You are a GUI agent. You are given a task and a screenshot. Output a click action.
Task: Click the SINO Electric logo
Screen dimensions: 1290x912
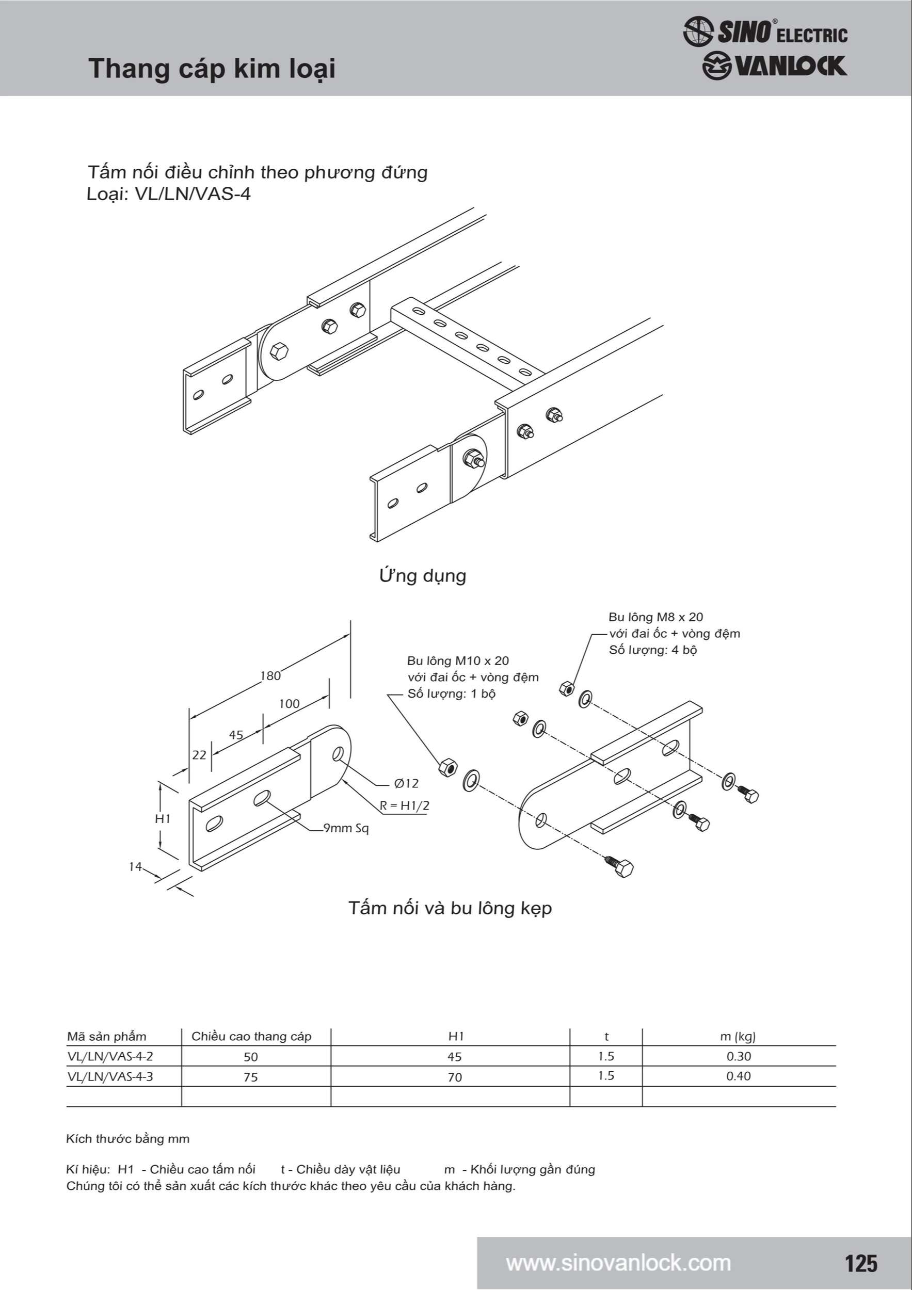[x=765, y=31]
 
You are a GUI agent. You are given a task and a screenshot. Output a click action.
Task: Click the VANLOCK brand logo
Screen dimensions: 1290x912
[x=774, y=66]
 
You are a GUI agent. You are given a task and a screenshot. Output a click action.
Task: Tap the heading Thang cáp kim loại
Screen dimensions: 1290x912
[x=212, y=69]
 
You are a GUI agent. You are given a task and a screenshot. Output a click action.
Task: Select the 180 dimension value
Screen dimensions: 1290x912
[x=270, y=676]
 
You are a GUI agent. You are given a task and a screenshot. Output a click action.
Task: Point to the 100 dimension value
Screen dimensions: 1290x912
[x=290, y=704]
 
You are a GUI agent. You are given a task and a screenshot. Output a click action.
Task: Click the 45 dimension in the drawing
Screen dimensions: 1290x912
[x=236, y=735]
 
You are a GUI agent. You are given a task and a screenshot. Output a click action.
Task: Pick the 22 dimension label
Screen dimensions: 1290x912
[x=199, y=755]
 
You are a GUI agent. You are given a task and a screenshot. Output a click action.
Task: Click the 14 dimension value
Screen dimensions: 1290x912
[x=135, y=867]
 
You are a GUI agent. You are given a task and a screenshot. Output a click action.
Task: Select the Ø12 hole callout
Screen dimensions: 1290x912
[x=406, y=783]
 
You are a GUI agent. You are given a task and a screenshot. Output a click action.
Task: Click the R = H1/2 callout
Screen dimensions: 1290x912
[x=405, y=805]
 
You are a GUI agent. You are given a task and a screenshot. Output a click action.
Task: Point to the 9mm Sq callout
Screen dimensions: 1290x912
[x=346, y=828]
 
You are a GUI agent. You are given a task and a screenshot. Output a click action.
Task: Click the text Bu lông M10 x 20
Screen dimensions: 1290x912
[x=458, y=660]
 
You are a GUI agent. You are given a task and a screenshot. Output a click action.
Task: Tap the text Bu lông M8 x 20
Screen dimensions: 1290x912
[x=656, y=617]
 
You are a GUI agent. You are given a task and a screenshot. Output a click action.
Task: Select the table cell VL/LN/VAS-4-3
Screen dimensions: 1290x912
[x=110, y=1076]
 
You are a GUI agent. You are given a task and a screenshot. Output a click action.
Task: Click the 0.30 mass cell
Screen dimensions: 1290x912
[x=739, y=1056]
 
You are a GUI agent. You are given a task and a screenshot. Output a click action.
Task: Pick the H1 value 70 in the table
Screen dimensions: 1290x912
[x=455, y=1077]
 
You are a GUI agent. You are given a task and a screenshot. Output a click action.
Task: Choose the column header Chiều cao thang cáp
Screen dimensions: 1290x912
[x=251, y=1037]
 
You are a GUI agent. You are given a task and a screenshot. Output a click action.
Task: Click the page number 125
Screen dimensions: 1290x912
[x=861, y=1263]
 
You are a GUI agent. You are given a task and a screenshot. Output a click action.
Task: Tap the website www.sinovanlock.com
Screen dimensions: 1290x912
[x=618, y=1263]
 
